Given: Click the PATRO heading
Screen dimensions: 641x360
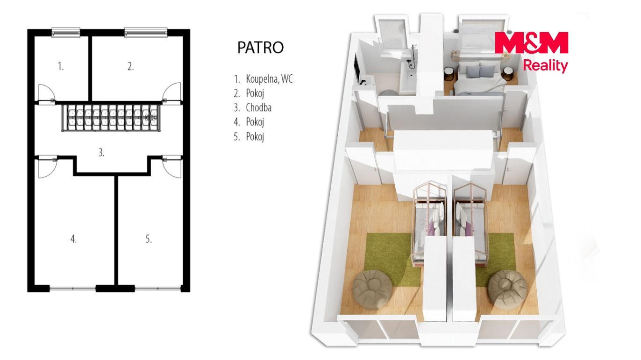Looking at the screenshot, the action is (260, 48).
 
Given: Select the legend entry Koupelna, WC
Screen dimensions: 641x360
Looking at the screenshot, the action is (269, 79).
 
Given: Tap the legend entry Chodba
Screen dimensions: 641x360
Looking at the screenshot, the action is (259, 108).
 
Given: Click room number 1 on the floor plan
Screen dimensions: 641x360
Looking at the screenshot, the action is (61, 67).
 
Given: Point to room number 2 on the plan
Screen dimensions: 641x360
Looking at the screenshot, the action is (130, 67).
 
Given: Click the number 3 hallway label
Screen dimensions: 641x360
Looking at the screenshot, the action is (101, 153).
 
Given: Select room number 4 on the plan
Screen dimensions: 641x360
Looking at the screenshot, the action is (73, 239).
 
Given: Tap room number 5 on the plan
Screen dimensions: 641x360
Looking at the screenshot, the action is (149, 239).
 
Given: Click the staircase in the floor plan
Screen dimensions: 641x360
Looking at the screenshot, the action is (111, 118).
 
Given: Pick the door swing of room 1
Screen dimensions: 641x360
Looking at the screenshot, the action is (46, 92).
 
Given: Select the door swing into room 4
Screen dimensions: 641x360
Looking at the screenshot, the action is (46, 167).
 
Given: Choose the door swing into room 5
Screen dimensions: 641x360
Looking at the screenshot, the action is (172, 167).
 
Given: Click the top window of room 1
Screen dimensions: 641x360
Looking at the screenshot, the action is (66, 32).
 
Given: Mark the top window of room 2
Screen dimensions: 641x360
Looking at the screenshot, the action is (146, 32).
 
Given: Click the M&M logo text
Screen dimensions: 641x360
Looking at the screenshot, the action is (531, 43).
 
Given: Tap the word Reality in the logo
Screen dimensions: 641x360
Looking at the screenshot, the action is (545, 66).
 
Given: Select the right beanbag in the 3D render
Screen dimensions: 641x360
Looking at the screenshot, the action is (507, 289).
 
